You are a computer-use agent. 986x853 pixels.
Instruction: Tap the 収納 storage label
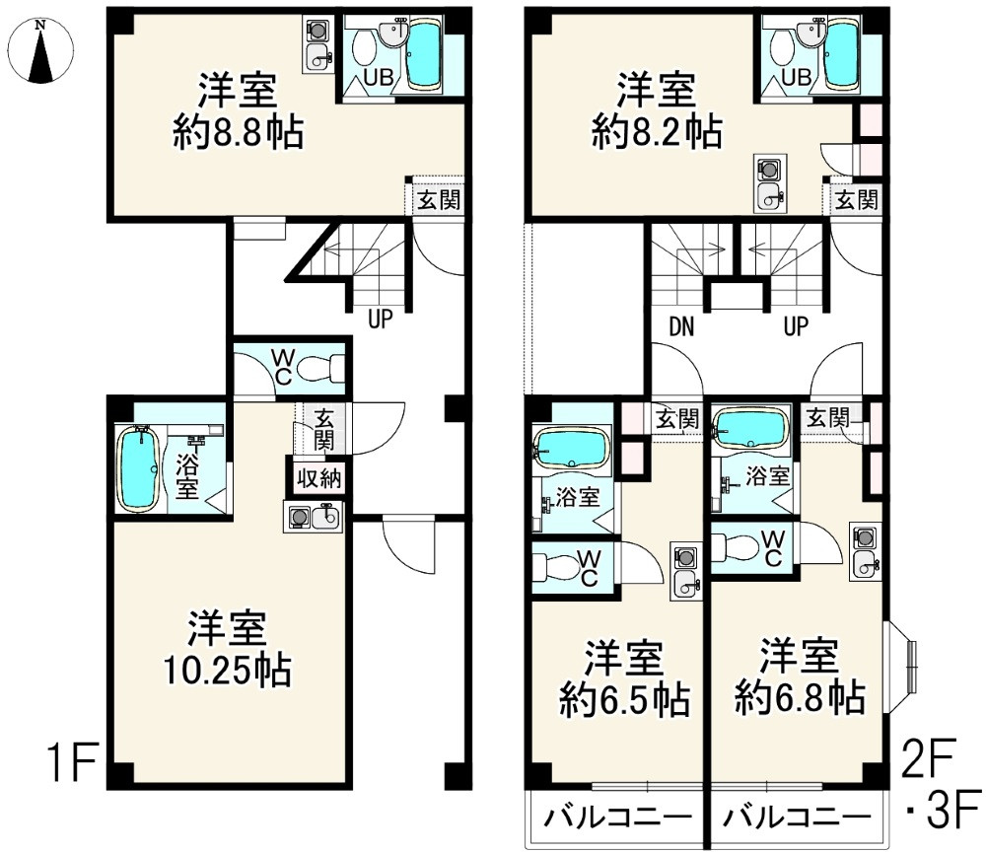[318, 479]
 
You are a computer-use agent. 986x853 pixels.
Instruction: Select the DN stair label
[680, 326]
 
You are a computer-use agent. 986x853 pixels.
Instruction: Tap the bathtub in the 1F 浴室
[139, 469]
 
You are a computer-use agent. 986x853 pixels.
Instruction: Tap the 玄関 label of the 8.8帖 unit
[435, 200]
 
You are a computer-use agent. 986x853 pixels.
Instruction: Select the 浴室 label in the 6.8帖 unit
[767, 476]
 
